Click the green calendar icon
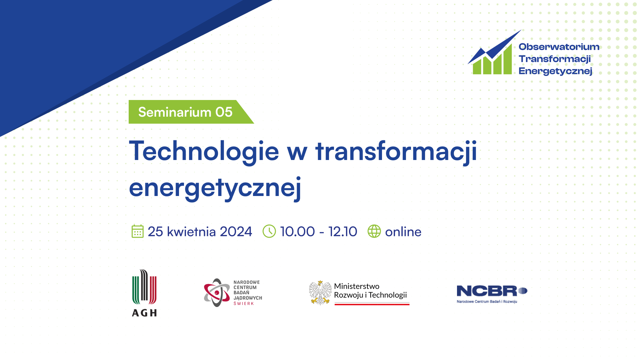137,231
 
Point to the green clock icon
269,231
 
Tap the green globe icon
374,231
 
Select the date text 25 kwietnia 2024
200,232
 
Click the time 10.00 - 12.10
319,232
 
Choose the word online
403,232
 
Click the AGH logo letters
144,313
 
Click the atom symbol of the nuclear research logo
217,293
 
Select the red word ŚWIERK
244,304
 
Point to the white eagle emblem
320,293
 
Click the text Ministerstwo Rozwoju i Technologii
370,291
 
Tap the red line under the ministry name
372,304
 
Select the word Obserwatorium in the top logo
559,47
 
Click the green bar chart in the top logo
492,60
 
